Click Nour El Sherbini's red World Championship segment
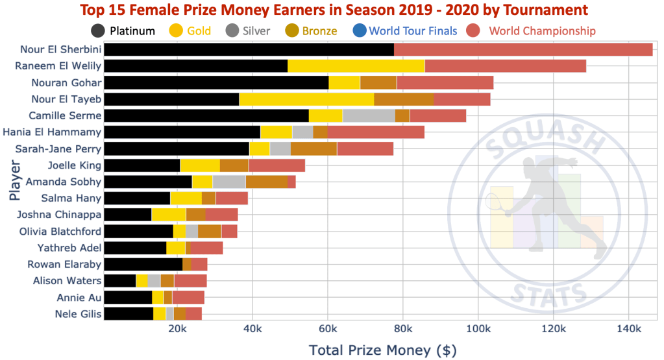point(523,49)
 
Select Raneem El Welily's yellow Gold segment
point(356,66)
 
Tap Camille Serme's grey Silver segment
point(369,115)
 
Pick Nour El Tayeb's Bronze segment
point(404,99)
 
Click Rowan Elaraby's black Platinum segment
point(143,264)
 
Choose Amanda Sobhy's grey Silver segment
point(229,182)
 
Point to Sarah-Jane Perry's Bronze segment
point(314,149)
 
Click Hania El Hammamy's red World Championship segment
point(376,132)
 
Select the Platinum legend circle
point(99,30)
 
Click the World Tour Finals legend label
point(413,30)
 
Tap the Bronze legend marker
point(292,30)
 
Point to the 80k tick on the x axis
point(403,330)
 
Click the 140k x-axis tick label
point(628,330)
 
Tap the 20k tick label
point(178,330)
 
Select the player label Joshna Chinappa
point(59,215)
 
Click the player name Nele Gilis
point(77,314)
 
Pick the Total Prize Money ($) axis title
point(383,350)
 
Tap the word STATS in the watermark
point(548,295)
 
